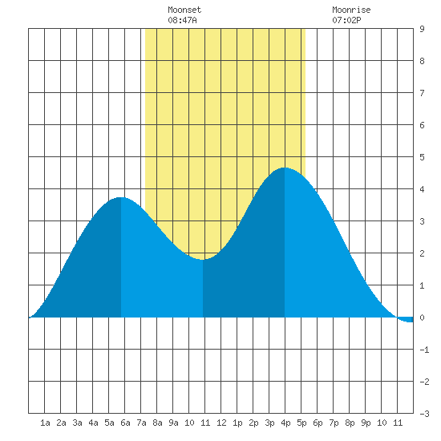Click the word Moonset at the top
(184, 10)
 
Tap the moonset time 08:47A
(182, 20)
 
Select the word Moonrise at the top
(351, 10)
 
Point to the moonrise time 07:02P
(346, 20)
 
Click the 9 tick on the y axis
(422, 29)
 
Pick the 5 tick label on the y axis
(422, 157)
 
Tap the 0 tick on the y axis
(422, 318)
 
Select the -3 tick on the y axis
(424, 414)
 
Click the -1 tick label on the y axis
(424, 350)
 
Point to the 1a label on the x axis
(45, 423)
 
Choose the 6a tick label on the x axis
(125, 423)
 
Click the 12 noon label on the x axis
(221, 423)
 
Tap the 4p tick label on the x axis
(285, 423)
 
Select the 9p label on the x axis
(366, 423)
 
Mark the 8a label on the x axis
(157, 423)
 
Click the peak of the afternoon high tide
(285, 168)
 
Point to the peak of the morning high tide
(121, 198)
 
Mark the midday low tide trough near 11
(203, 259)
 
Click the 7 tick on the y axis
(422, 93)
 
